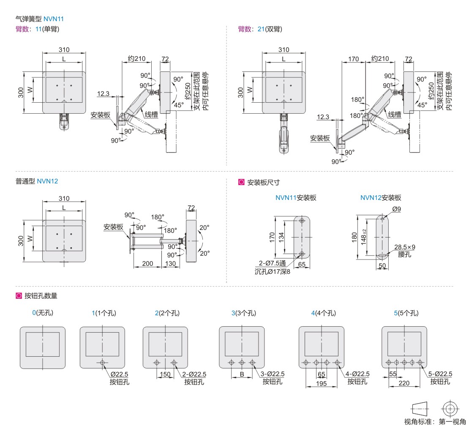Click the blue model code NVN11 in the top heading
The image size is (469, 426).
click(53, 19)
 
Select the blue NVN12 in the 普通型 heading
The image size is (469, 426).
click(47, 181)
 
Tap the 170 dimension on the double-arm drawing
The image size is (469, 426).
click(353, 59)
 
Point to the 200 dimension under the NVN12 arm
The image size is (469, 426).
click(147, 263)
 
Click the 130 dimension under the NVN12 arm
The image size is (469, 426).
click(170, 263)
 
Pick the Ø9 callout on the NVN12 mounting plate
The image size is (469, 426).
click(396, 209)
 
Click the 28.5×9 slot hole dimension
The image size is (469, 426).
click(404, 247)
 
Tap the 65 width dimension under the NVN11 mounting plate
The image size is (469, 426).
click(302, 265)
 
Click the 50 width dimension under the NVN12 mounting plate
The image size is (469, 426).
click(382, 265)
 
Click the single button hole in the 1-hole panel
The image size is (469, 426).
click(102, 363)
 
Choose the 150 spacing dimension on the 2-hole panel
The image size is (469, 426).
click(165, 374)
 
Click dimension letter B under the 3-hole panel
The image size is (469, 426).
click(242, 374)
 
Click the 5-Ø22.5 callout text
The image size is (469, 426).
click(440, 374)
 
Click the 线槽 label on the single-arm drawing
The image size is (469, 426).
click(152, 115)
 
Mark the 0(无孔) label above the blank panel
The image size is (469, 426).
click(43, 313)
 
